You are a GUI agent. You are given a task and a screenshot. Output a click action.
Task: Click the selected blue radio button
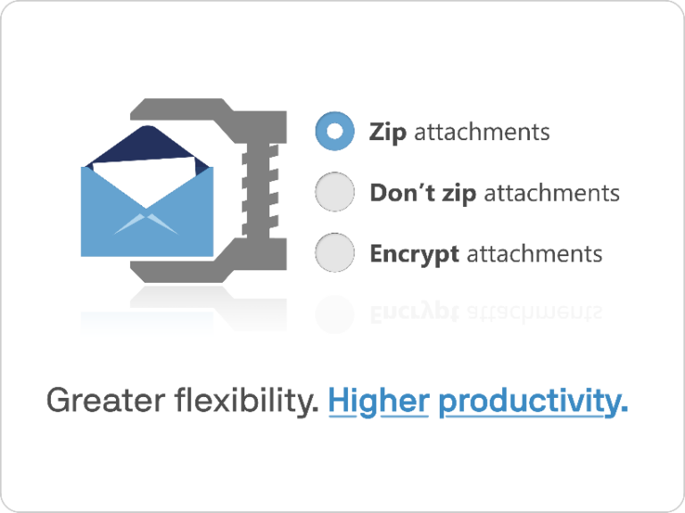[x=334, y=132]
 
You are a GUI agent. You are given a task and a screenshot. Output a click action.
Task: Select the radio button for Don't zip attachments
[x=334, y=193]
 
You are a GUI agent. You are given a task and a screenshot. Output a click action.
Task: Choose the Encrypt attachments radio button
[x=334, y=252]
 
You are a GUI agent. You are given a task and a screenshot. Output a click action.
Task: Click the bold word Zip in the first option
[x=388, y=133]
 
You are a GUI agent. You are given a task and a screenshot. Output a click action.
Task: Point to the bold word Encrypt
[x=415, y=253]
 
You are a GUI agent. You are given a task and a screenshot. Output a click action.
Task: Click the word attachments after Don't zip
[x=551, y=193]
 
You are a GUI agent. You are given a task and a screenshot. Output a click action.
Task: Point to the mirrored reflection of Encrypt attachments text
[x=486, y=311]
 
